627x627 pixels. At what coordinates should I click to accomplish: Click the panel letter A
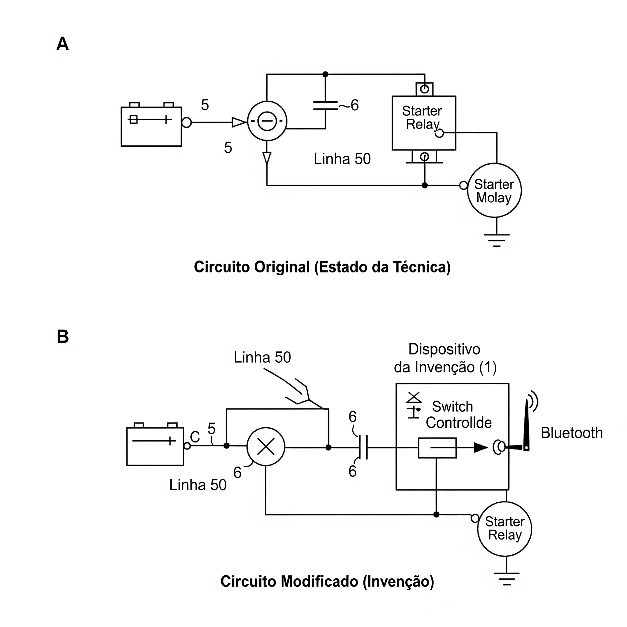(63, 43)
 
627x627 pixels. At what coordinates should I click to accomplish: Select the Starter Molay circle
(494, 190)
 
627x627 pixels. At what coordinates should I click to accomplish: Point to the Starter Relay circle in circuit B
(504, 529)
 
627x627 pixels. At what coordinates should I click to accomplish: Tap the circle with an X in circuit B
(266, 447)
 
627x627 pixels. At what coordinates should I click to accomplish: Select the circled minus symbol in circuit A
(267, 121)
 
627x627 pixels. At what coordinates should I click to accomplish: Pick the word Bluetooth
(572, 433)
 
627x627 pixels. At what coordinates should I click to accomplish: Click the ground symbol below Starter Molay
(497, 240)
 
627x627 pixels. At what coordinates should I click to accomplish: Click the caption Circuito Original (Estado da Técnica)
(322, 267)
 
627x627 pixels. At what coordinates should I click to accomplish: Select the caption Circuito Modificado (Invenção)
(327, 581)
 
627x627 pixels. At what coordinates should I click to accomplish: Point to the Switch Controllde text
(458, 415)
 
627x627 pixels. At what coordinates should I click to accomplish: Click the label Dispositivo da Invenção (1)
(445, 358)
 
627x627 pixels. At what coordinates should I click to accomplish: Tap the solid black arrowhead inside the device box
(481, 448)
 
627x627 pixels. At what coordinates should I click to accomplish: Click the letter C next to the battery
(195, 437)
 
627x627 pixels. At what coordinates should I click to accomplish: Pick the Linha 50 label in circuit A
(342, 159)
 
